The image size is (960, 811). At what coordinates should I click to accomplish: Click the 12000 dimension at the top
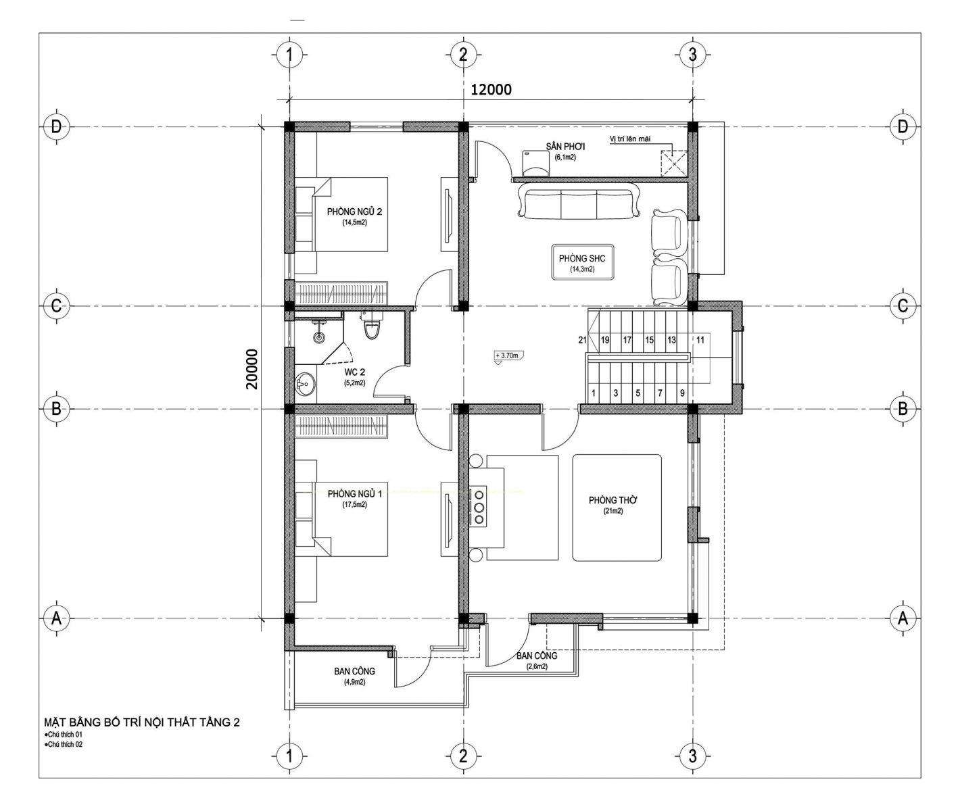click(x=491, y=89)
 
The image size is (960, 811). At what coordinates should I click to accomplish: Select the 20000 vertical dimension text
click(x=252, y=369)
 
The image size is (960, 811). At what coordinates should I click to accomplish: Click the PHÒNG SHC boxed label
click(x=582, y=262)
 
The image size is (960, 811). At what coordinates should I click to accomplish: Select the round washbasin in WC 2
click(x=304, y=383)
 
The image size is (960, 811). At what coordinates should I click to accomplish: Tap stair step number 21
click(x=583, y=340)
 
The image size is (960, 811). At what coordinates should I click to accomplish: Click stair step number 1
click(x=594, y=393)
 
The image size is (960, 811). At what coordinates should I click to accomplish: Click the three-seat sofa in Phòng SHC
click(x=579, y=201)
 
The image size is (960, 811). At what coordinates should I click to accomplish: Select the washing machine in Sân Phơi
click(x=535, y=163)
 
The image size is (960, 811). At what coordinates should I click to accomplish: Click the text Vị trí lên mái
click(x=630, y=139)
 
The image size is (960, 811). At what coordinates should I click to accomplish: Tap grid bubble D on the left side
click(x=56, y=126)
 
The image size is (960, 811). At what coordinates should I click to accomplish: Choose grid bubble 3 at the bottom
click(x=692, y=756)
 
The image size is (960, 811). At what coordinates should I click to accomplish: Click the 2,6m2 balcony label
click(x=537, y=666)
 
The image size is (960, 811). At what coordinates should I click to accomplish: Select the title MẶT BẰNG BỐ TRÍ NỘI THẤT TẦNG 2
click(x=141, y=722)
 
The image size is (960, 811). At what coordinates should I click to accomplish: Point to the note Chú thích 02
click(x=64, y=744)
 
